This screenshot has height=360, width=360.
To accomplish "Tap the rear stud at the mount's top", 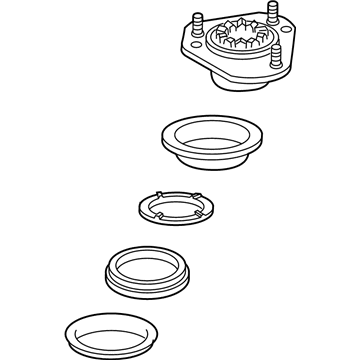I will click(243, 13).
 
